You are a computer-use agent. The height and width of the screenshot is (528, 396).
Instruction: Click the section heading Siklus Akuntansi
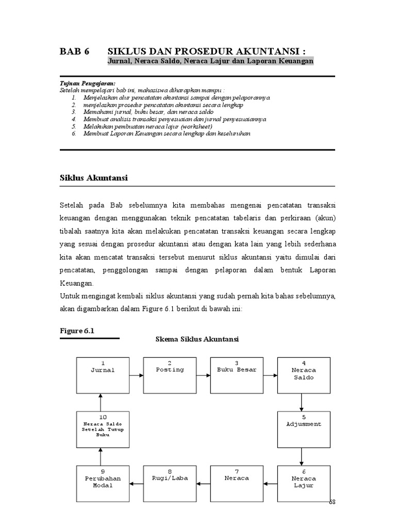[93, 178]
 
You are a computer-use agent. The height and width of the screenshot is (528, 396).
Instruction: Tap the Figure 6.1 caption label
[78, 331]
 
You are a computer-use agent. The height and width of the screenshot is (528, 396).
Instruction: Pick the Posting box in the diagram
[170, 374]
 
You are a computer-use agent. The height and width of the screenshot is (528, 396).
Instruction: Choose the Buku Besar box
[237, 374]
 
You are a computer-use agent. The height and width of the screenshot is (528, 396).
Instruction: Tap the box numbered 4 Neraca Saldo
[304, 374]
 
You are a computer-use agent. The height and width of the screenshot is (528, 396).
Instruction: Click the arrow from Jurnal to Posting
[136, 375]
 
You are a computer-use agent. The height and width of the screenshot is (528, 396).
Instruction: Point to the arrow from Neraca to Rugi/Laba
[203, 483]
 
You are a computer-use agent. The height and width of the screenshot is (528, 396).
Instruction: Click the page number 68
[332, 502]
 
